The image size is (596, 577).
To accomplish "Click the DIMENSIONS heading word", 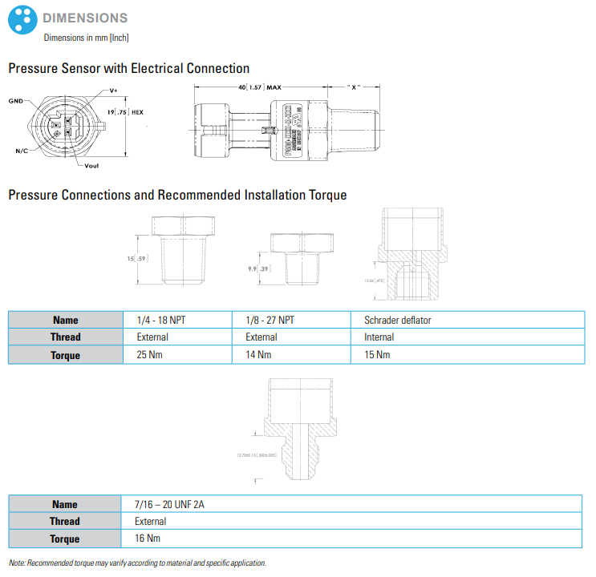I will (85, 18).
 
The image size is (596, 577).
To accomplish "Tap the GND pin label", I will (15, 101).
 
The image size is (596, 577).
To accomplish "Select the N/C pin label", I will (21, 151).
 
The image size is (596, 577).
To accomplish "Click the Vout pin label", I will (91, 165).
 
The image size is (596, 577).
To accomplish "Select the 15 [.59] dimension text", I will (136, 259).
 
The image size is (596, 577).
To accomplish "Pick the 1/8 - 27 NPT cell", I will (270, 320).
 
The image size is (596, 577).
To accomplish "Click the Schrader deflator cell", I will (398, 320).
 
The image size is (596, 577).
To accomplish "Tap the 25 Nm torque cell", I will (148, 354).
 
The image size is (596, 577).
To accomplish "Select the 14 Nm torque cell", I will (257, 354).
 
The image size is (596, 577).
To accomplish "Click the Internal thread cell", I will (379, 337).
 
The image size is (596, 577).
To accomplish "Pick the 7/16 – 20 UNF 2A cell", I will (169, 504).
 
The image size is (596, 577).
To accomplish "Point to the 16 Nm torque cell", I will (148, 539).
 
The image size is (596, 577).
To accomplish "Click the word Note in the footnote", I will (18, 563).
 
